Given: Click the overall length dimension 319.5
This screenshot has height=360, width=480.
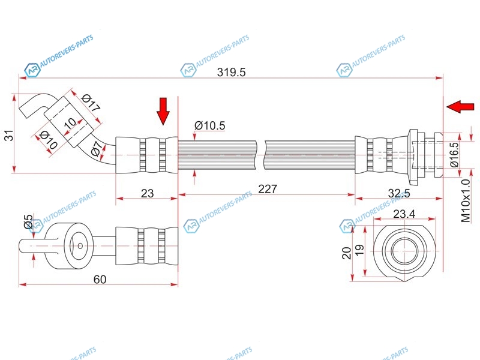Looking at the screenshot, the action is click(231, 72).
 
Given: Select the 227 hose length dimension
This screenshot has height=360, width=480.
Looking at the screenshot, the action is click(267, 189).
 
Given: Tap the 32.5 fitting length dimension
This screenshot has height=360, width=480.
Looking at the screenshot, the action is click(398, 193).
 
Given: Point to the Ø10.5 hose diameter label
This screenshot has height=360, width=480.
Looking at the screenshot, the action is click(209, 125).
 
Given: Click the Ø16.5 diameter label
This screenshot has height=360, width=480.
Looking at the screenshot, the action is click(455, 155).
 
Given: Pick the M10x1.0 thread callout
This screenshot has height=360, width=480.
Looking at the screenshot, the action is click(466, 201).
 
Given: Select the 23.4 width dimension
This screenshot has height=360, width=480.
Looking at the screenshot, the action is click(404, 214).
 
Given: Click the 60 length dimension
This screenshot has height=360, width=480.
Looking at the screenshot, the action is click(100, 279).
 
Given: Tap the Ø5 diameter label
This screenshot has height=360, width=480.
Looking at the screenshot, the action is click(28, 221).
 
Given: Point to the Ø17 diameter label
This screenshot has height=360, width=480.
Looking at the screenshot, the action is click(91, 103).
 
